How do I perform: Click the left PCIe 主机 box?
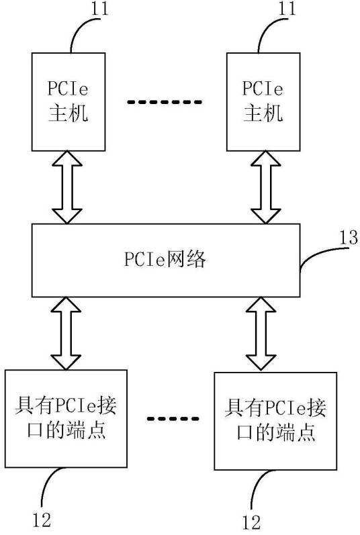click(x=68, y=101)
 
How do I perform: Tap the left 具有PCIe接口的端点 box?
click(x=66, y=418)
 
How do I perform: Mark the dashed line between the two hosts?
click(x=165, y=103)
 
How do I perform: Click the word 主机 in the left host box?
click(x=68, y=112)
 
